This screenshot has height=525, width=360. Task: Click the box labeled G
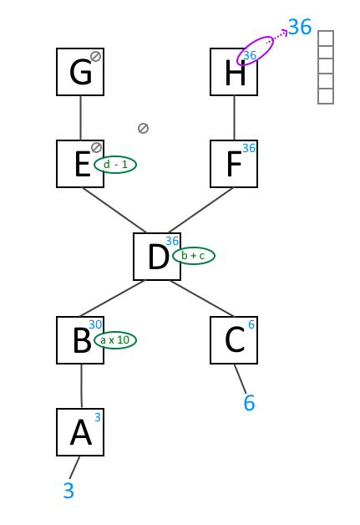[80, 72]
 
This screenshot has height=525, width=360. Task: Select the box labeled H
[234, 72]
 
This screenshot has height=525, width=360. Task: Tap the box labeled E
[80, 164]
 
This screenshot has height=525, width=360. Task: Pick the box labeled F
[234, 164]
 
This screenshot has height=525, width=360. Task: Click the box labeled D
[157, 257]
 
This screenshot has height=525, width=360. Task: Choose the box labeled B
[80, 340]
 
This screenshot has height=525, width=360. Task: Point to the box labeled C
[234, 340]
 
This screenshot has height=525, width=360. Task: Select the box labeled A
[80, 432]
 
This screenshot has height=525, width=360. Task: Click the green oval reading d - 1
[115, 165]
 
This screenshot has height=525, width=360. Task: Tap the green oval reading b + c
[194, 256]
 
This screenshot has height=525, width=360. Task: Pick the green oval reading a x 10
[115, 340]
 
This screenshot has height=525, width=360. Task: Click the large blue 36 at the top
[300, 27]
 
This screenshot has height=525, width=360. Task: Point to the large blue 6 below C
[249, 403]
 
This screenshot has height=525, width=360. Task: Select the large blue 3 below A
[68, 491]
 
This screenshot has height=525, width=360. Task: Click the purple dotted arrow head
[284, 32]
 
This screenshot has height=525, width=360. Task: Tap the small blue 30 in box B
[95, 324]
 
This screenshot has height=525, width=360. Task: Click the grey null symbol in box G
[96, 56]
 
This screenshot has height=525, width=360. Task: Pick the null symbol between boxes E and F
[143, 128]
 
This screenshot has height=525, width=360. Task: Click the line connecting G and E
[80, 118]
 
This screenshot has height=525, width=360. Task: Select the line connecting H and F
[234, 118]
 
